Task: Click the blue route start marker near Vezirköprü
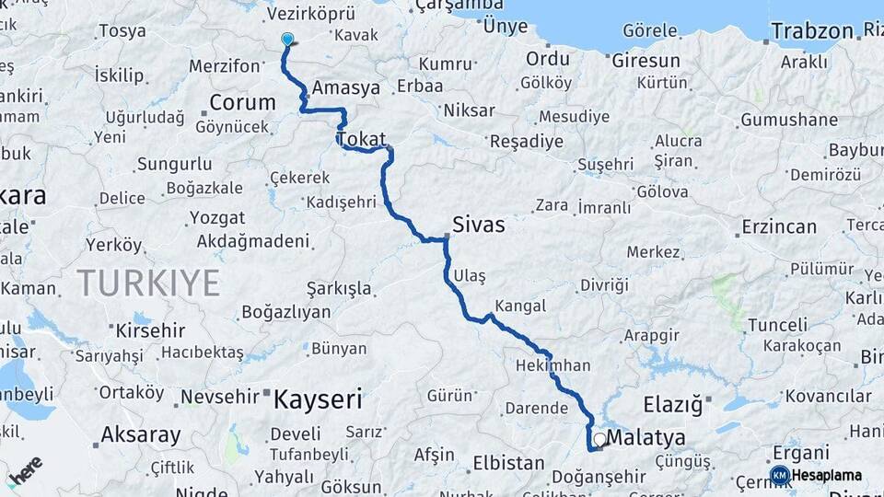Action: click(x=287, y=40)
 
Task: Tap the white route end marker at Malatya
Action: click(x=600, y=440)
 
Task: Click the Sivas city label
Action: click(x=478, y=224)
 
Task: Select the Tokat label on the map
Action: click(x=361, y=139)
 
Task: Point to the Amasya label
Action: click(x=346, y=88)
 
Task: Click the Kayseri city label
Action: click(x=318, y=399)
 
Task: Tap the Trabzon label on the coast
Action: click(x=812, y=31)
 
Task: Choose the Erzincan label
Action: click(x=779, y=226)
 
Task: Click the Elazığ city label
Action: click(x=671, y=403)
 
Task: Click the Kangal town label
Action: click(x=520, y=306)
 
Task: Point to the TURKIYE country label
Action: click(x=148, y=282)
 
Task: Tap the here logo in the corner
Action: click(x=25, y=469)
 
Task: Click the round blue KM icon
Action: click(x=779, y=475)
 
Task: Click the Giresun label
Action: click(x=648, y=61)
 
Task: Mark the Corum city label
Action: click(x=242, y=102)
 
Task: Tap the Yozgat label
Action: click(x=217, y=218)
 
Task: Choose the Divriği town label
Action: click(x=603, y=285)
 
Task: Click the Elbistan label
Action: click(x=508, y=462)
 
